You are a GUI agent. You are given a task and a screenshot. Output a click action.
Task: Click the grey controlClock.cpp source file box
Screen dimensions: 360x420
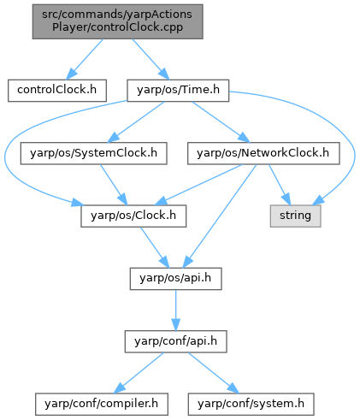coord(117,21)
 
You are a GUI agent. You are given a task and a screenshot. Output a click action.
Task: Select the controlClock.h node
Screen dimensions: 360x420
coord(57,91)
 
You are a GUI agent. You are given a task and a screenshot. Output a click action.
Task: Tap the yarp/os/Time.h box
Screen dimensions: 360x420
coord(178,91)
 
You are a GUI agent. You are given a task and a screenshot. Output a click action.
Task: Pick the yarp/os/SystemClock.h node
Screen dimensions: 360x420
coord(93,153)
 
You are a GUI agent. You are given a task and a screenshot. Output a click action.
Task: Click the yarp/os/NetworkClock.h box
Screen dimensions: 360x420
coord(263,153)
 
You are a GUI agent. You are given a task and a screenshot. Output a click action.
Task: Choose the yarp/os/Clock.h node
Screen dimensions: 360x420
coord(133,216)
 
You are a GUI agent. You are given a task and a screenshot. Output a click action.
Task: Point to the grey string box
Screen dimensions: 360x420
coord(295,216)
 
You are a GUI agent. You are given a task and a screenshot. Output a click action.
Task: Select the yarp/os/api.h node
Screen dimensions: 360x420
coord(175,279)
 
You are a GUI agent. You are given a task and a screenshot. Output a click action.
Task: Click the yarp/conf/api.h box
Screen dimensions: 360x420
coord(175,341)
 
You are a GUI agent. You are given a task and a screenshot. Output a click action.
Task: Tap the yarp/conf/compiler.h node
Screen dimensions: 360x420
coord(102,405)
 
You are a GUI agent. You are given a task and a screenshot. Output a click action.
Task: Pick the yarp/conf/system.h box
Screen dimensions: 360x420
coord(251,405)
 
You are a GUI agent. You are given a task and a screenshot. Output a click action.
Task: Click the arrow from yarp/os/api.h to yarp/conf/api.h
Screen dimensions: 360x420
coord(175,311)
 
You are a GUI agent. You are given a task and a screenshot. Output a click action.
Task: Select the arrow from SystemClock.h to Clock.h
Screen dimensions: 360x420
coord(114,185)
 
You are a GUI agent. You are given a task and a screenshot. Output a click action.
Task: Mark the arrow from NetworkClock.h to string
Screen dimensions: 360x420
coord(280,185)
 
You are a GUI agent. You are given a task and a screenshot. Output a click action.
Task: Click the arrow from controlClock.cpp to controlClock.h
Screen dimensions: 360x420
coord(85,59)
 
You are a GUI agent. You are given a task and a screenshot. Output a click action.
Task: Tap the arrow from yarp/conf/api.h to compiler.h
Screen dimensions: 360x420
coord(139,373)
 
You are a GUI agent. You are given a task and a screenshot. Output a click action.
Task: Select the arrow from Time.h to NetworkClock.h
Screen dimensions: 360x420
coord(221,122)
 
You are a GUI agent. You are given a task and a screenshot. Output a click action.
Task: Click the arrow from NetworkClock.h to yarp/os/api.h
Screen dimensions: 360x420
coord(220,216)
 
